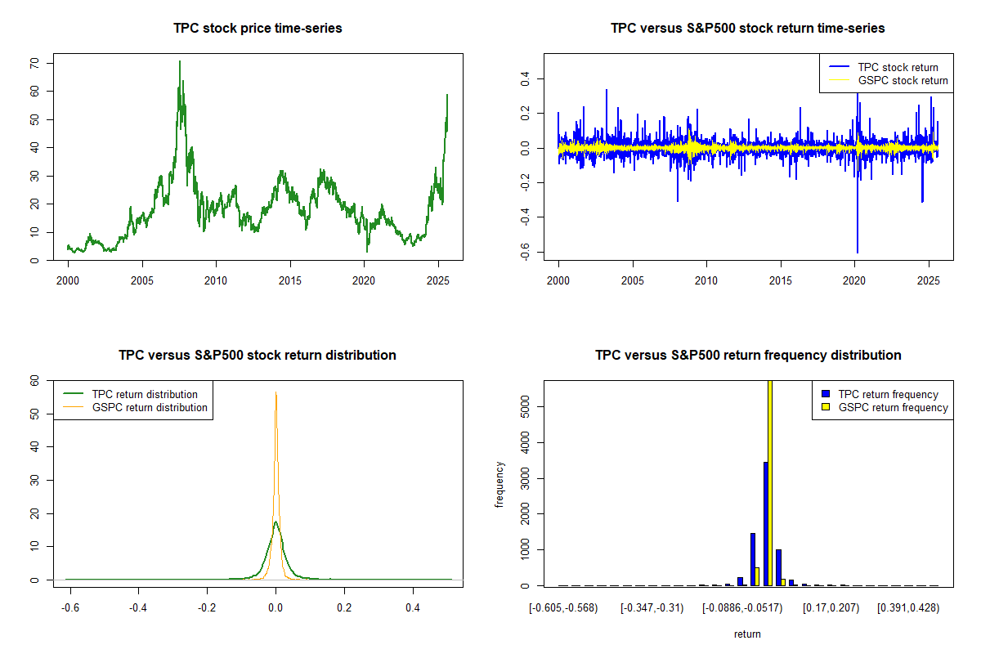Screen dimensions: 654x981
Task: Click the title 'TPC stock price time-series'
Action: tap(258, 28)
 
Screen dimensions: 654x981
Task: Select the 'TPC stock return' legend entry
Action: tap(898, 67)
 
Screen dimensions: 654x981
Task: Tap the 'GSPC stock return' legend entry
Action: tap(903, 80)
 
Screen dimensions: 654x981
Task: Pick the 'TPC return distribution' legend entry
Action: tap(145, 394)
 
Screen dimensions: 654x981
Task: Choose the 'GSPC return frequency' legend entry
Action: tap(893, 407)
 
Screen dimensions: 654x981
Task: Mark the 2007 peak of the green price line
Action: tap(180, 61)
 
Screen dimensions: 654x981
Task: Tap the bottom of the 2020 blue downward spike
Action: tap(858, 252)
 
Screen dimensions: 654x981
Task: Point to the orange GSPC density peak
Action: tap(276, 393)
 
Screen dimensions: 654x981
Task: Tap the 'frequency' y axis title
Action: tap(499, 484)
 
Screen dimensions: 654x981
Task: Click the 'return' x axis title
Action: tap(747, 634)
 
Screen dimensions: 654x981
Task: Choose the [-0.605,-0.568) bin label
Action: tap(563, 608)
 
